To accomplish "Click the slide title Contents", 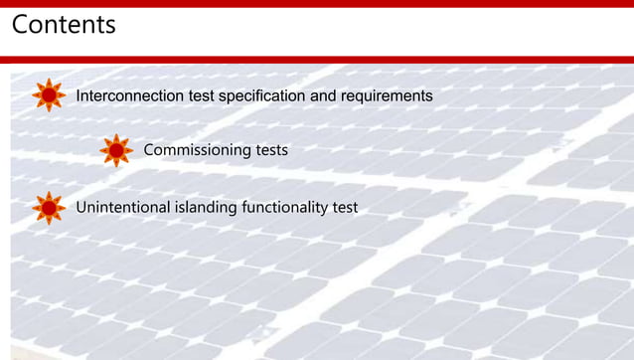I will point(64,24).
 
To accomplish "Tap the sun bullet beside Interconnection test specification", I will point(49,95).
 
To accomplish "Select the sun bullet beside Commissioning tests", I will point(116,150).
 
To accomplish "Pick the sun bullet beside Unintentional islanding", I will point(49,207).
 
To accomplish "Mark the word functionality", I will point(282,207).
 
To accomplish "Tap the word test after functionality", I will point(345,207).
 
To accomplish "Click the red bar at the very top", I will point(317,3).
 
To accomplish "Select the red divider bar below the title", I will point(317,60).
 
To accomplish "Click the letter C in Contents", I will point(21,24).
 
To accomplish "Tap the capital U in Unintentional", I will point(81,207).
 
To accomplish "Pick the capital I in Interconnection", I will point(79,96).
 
